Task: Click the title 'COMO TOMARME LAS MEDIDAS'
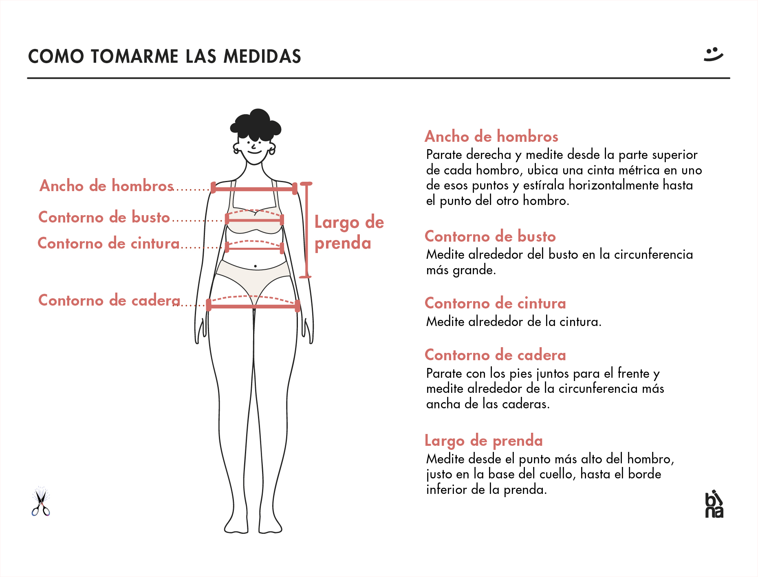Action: point(164,56)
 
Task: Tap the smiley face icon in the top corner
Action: point(713,55)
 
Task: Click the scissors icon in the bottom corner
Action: point(41,502)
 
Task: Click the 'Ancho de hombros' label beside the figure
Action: point(106,186)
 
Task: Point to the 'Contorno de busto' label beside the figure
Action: point(104,217)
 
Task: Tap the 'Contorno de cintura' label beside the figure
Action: point(108,243)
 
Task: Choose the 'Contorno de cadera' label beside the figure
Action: point(109,300)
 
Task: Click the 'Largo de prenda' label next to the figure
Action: point(349,233)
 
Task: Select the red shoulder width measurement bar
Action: point(254,189)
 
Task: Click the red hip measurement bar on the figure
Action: point(253,306)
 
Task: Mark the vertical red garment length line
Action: point(306,230)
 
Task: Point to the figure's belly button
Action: point(256,266)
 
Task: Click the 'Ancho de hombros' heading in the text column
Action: point(491,137)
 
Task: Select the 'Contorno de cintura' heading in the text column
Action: point(495,303)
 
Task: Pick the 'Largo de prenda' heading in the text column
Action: point(484,441)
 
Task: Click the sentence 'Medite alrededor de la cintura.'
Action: point(513,322)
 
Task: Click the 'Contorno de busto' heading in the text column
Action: point(490,236)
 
